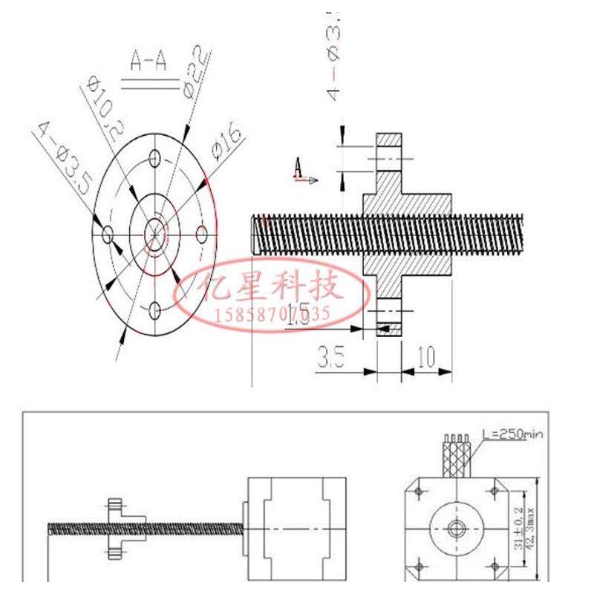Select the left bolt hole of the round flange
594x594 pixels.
point(108,235)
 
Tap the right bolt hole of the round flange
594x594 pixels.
point(200,235)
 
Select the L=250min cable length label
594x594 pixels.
point(513,434)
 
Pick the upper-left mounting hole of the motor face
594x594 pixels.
point(420,492)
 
